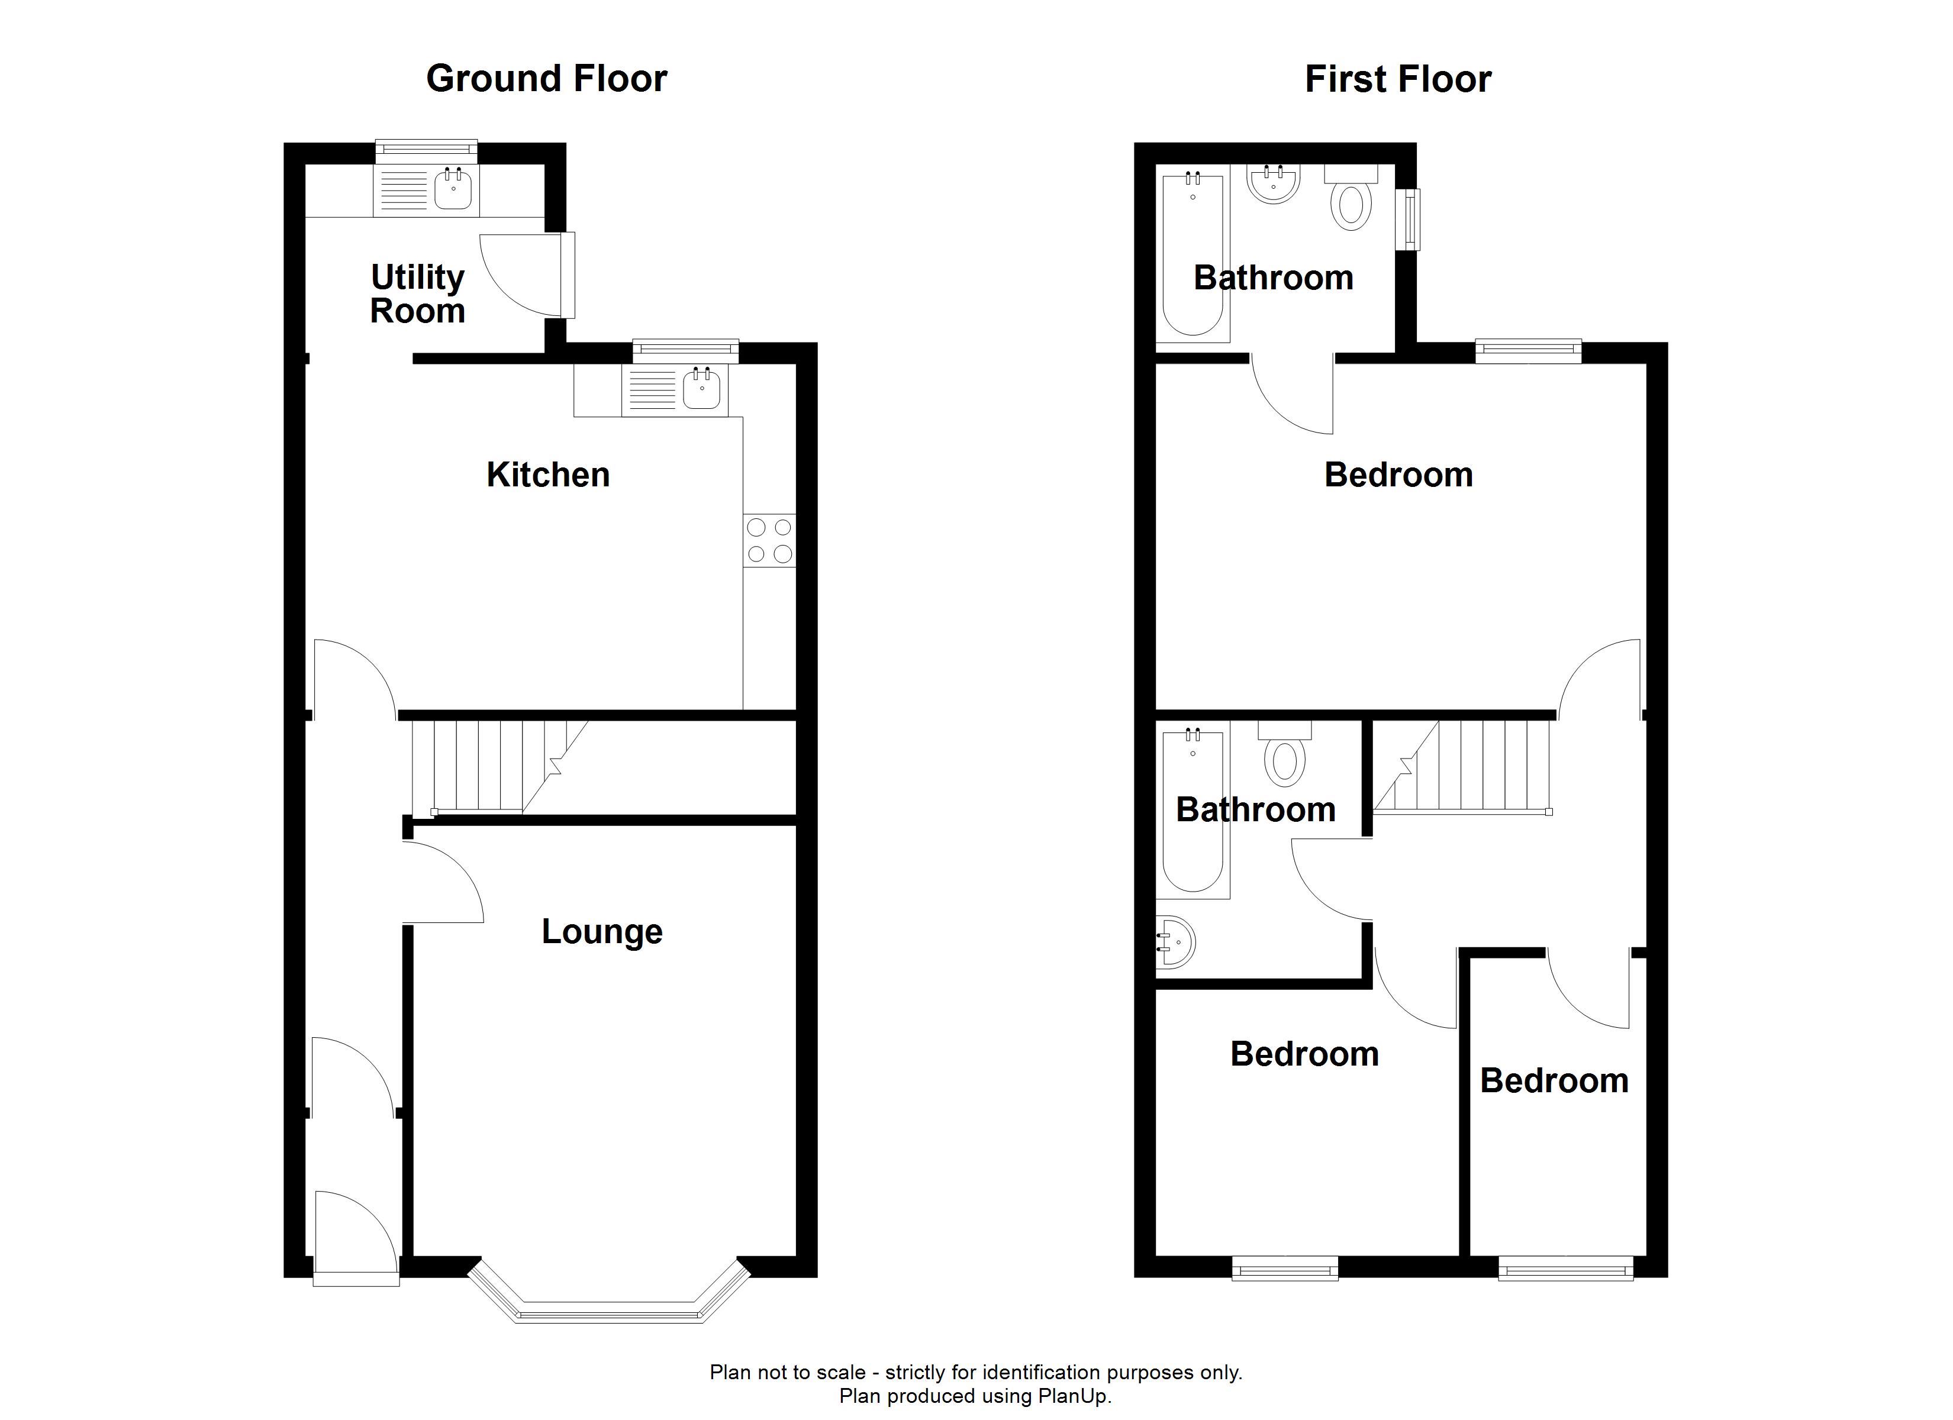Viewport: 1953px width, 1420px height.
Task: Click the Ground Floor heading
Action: coord(547,78)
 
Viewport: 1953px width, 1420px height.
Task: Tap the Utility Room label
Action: coord(418,293)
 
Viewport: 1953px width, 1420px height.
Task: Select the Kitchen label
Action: coord(547,475)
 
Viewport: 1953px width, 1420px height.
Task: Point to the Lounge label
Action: coord(602,932)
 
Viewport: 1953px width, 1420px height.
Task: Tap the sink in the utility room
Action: coord(453,189)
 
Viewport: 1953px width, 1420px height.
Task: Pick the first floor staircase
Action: coord(1461,766)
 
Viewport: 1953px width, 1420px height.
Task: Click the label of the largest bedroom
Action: coord(1398,475)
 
